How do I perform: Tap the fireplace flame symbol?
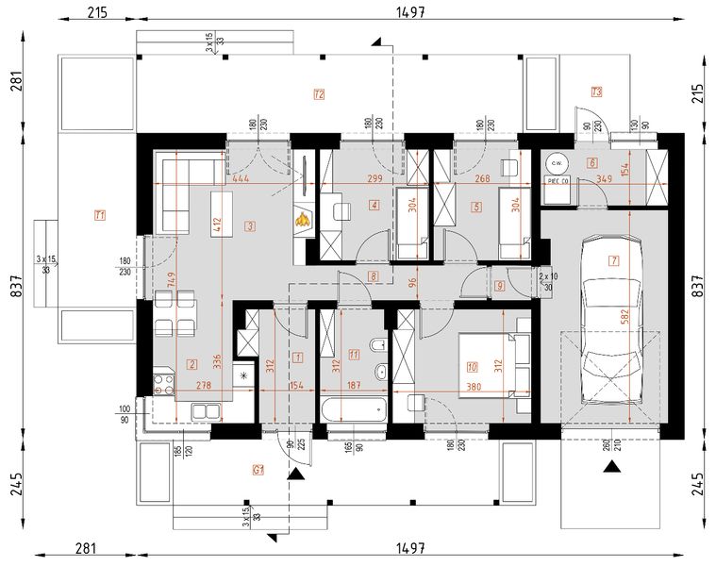[303, 220]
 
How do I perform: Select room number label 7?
[613, 260]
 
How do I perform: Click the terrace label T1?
[98, 216]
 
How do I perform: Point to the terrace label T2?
[319, 94]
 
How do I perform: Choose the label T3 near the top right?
[596, 92]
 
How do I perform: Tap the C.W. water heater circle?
[557, 160]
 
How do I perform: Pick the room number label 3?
[249, 226]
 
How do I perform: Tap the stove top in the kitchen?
[163, 385]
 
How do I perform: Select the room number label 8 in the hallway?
[374, 276]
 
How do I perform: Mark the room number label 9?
[499, 286]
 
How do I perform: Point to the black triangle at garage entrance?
[613, 465]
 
